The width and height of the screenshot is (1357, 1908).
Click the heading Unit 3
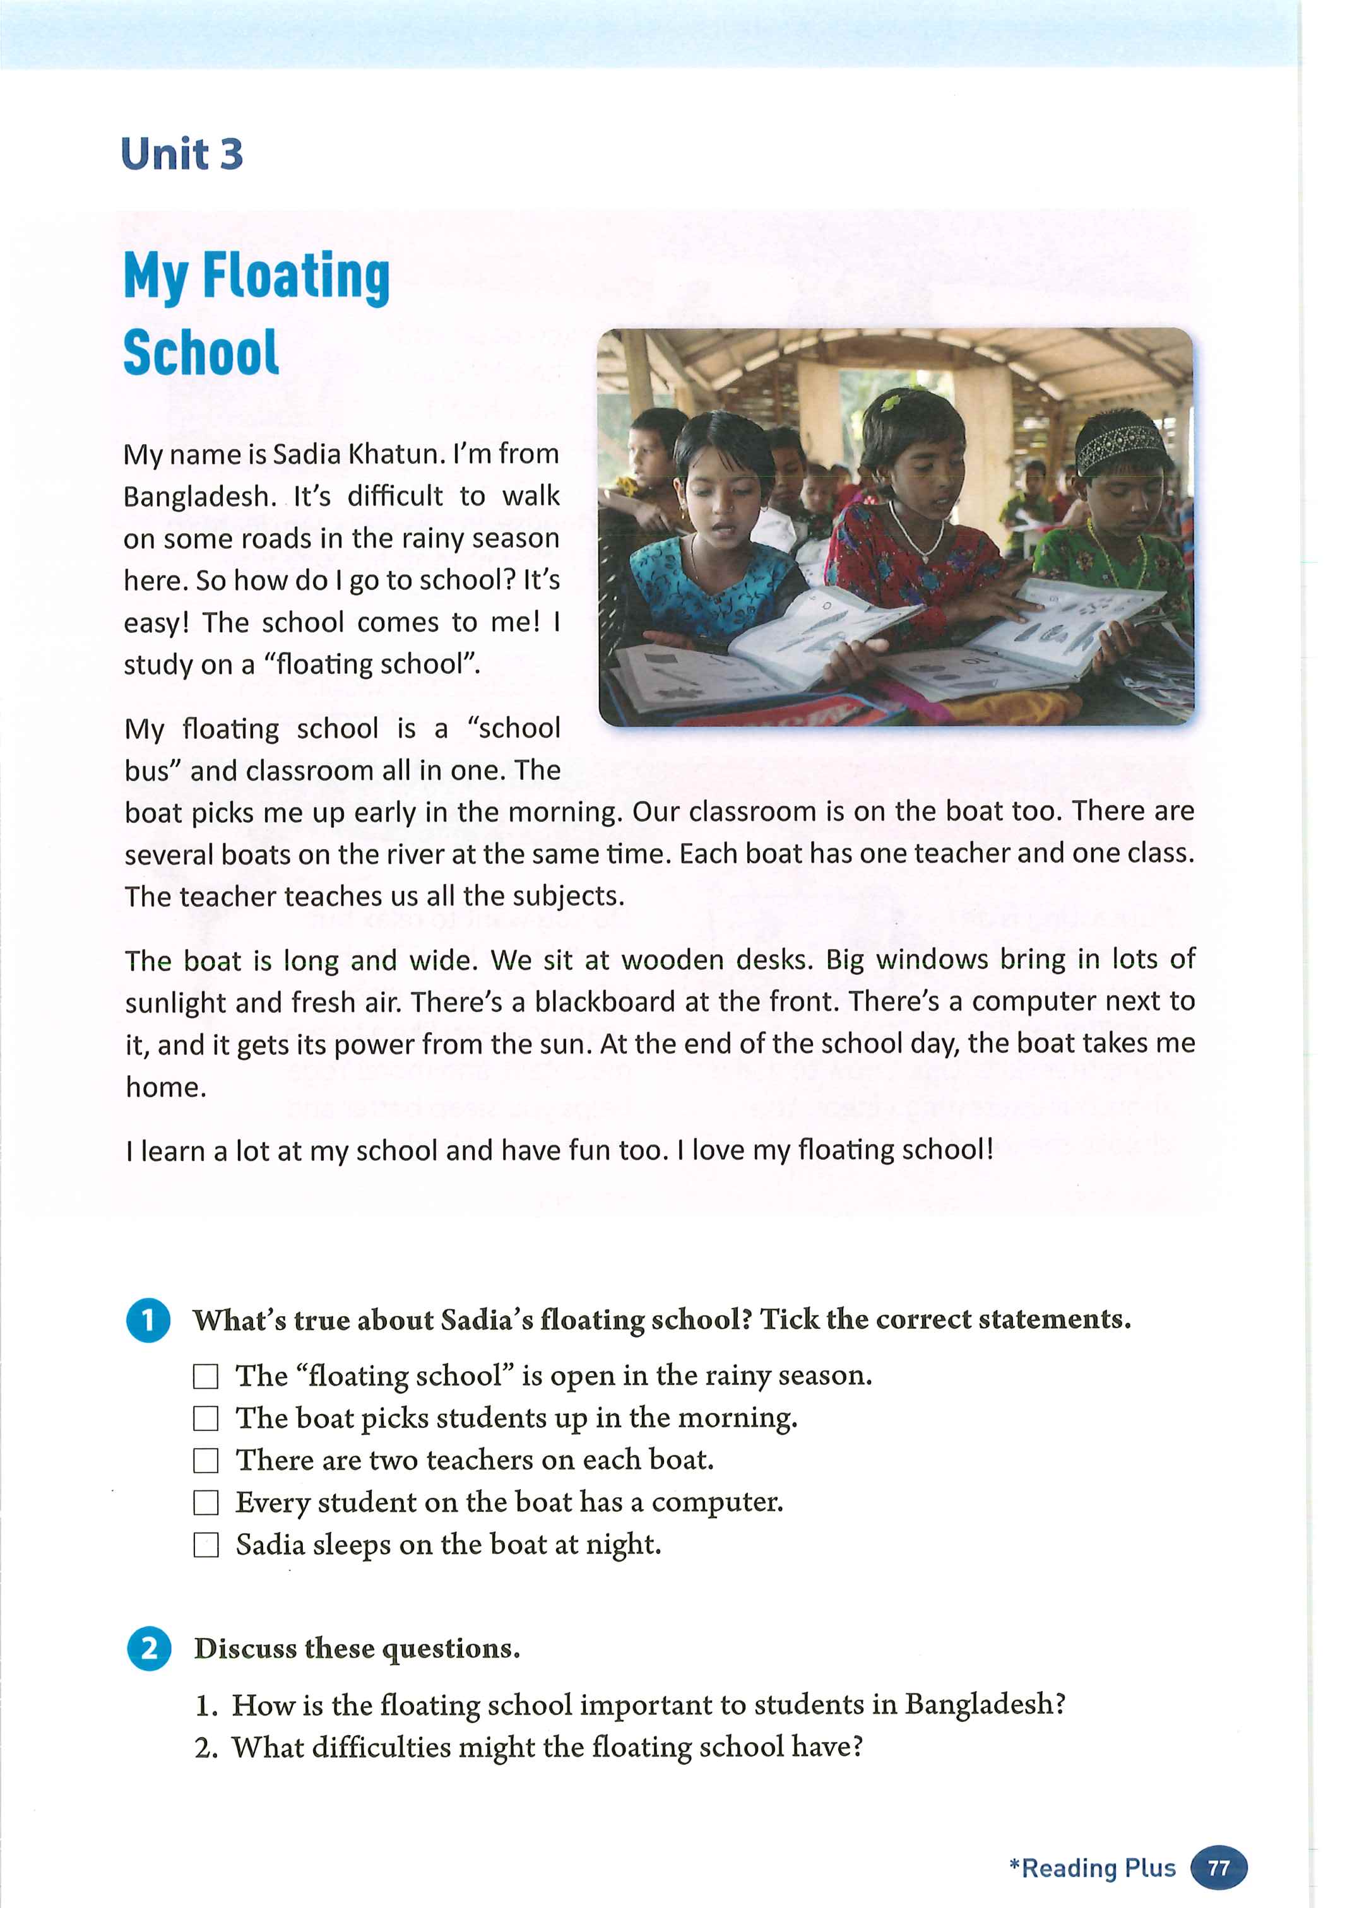182,155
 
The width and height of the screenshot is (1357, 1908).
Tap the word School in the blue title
201,353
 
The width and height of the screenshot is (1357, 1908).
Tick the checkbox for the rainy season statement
206,1376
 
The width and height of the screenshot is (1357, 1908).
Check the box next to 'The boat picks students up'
206,1418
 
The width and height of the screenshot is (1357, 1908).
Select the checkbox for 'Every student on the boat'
206,1503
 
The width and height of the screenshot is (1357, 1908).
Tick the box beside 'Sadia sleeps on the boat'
206,1545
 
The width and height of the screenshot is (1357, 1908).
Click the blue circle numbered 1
149,1320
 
